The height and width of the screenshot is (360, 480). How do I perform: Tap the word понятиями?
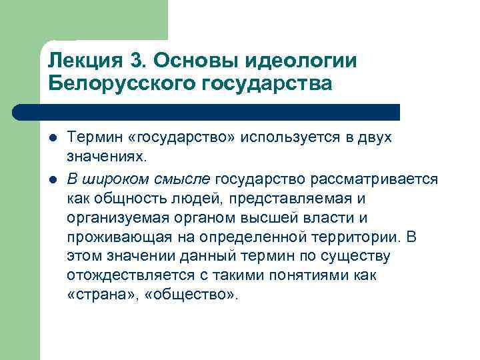point(308,275)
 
